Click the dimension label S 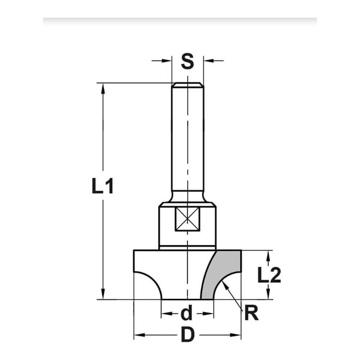tap(187, 62)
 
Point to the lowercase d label tap(186, 314)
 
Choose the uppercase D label tap(187, 336)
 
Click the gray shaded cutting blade tap(220, 274)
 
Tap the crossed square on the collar tap(187, 220)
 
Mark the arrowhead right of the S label tap(208, 60)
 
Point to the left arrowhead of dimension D tap(139, 335)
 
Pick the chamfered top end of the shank tap(187, 85)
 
